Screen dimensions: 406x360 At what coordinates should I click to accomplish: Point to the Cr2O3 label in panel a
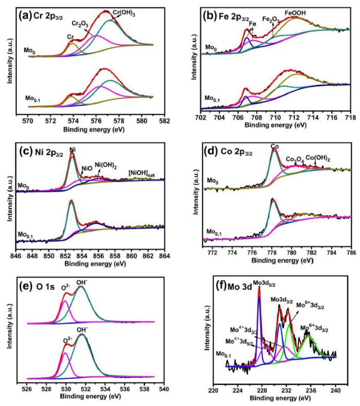click(x=80, y=23)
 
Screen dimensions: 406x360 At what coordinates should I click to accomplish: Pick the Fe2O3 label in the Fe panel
click(x=271, y=19)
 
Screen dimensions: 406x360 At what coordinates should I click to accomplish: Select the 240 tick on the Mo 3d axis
click(x=336, y=390)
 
